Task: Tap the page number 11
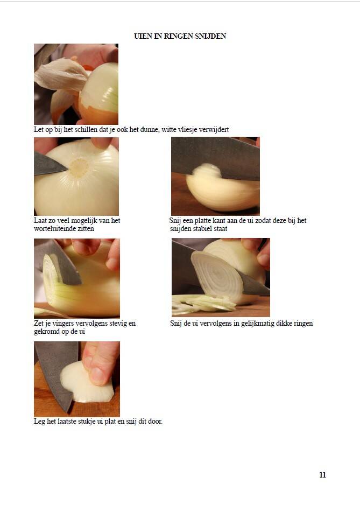323,475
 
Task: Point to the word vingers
62,324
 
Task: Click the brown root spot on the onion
79,167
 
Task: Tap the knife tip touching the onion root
67,168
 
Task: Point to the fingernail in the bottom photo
97,376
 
